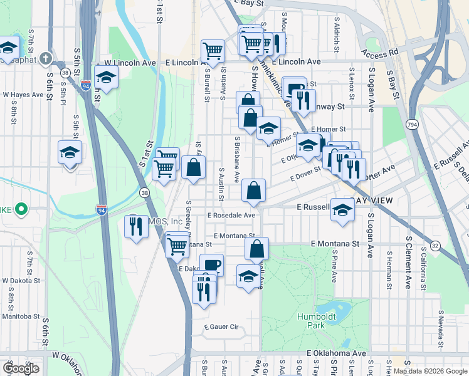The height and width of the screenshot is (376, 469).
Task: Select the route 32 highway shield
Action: pos(435,246)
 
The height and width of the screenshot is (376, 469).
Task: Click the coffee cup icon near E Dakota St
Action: pos(211,264)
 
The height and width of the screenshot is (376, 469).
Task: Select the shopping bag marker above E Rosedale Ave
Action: pos(253,191)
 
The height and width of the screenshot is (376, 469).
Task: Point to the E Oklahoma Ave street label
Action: pos(337,354)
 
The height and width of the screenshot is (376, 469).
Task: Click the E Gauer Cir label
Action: pos(222,327)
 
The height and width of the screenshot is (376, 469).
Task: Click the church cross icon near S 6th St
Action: pos(45,59)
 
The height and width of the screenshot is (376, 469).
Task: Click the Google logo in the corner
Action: pos(21,368)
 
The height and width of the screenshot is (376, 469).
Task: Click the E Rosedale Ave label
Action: pos(231,215)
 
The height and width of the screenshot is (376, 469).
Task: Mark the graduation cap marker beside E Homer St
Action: pos(268,128)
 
